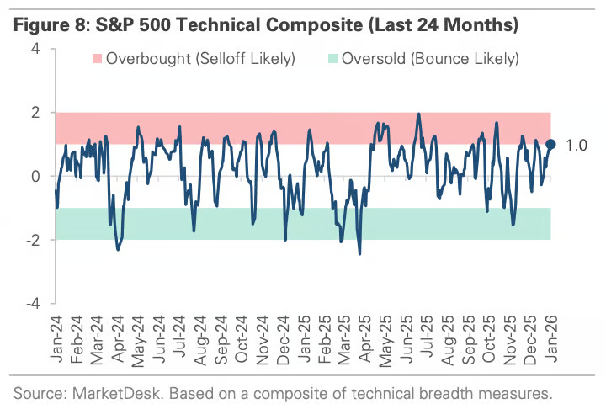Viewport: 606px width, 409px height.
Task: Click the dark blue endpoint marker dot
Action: coord(551,144)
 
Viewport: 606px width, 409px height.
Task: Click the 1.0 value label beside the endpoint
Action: coord(576,145)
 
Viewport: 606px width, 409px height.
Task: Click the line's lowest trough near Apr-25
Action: coord(360,253)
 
